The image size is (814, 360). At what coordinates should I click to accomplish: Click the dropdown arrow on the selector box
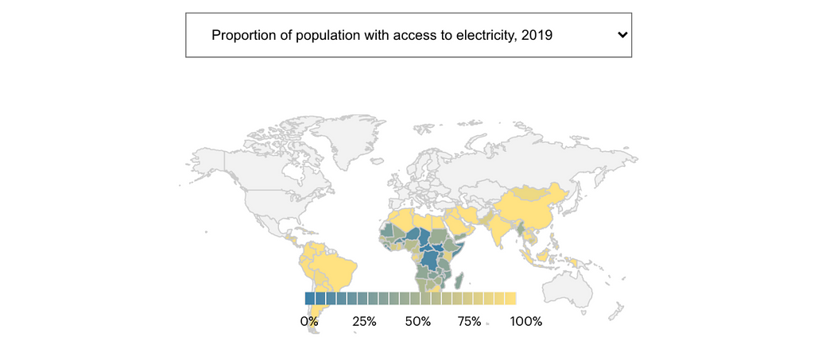coord(622,35)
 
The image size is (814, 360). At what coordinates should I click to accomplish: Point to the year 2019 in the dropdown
coord(537,35)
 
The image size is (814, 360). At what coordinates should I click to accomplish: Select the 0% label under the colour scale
coord(309,322)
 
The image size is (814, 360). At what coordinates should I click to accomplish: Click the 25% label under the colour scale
coord(364,322)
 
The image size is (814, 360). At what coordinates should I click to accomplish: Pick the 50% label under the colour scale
coord(417,322)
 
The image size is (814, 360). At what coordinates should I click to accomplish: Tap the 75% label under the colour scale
coord(470,322)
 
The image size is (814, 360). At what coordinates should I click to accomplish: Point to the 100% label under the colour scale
coord(526,322)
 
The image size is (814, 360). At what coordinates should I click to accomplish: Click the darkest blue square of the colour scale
coord(310,299)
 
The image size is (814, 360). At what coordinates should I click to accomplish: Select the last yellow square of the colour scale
coord(510,299)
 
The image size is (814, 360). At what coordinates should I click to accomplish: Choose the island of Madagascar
coord(459,281)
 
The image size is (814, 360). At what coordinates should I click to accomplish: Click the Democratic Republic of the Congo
coord(429,257)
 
